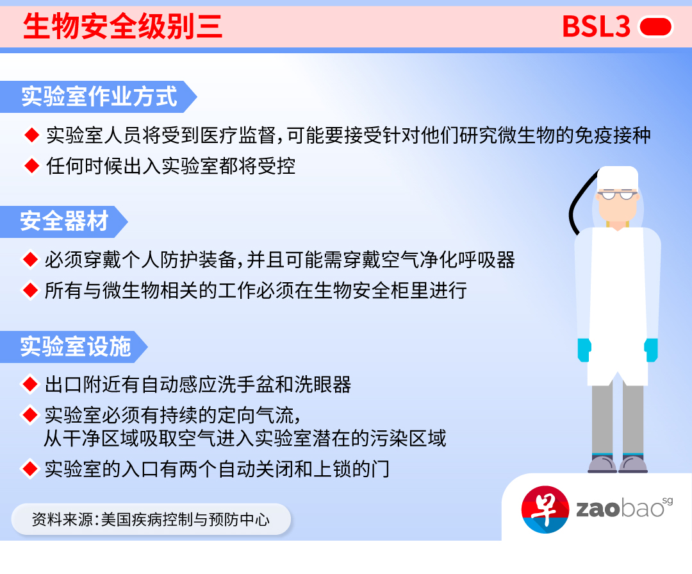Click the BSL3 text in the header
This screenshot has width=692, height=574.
click(x=596, y=27)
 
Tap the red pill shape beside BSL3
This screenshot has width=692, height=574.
click(x=655, y=27)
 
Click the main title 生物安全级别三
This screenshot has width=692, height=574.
click(x=122, y=27)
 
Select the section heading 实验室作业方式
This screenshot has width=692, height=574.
click(x=99, y=97)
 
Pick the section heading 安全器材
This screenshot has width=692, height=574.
click(x=64, y=221)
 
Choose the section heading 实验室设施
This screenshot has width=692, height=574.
click(x=76, y=346)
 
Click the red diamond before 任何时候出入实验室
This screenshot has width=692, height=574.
click(x=31, y=166)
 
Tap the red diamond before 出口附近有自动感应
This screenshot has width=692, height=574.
click(x=29, y=384)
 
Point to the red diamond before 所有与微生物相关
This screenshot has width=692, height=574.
click(x=29, y=291)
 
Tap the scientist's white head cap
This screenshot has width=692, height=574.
click(x=617, y=176)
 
